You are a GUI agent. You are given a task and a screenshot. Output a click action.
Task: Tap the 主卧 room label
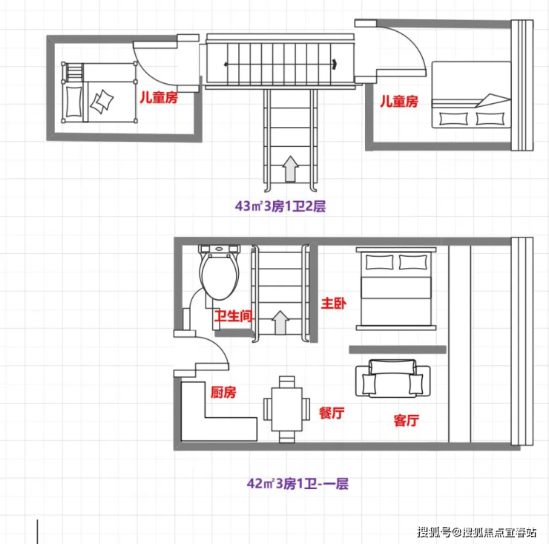[334, 304]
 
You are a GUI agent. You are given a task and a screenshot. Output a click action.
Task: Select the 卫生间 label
[233, 316]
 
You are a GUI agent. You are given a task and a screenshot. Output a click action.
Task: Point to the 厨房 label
[223, 393]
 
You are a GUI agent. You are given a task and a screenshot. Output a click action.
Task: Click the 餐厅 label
[332, 413]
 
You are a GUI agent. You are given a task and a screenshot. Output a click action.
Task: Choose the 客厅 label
[406, 420]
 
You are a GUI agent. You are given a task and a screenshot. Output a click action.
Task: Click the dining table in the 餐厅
[287, 409]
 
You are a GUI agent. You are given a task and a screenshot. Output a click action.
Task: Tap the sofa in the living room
[393, 378]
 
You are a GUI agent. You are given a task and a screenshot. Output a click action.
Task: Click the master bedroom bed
[396, 289]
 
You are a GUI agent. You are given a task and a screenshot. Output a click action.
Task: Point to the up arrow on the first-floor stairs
[280, 322]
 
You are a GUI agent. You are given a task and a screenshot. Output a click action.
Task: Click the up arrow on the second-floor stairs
[290, 168]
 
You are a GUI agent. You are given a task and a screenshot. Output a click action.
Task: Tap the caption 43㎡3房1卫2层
[280, 206]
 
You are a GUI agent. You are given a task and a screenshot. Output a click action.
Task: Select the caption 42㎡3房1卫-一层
[297, 484]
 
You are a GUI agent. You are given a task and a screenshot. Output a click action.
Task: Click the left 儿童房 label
[159, 97]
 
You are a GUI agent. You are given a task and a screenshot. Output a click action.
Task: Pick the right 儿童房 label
[399, 101]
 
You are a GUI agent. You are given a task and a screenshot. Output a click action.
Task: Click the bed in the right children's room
[471, 94]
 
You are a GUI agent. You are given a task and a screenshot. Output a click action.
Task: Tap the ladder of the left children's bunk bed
[73, 71]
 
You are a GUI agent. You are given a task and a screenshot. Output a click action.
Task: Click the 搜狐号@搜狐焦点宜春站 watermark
[476, 532]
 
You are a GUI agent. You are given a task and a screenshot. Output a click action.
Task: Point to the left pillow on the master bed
[379, 263]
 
